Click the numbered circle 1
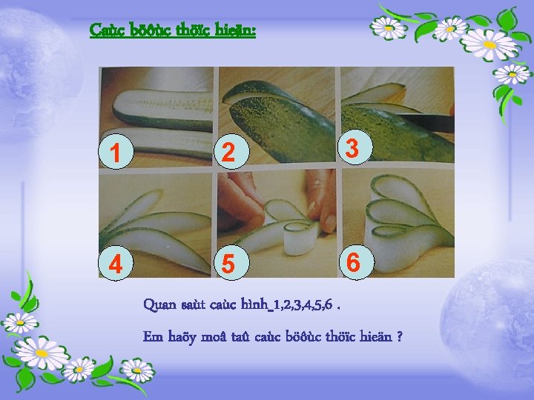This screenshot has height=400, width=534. point(116,151)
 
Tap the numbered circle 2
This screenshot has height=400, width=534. point(231,151)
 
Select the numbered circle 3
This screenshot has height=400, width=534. point(355,147)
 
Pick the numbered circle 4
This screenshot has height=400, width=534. point(116,262)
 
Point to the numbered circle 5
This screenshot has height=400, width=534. point(231,262)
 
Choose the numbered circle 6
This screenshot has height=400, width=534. point(357,262)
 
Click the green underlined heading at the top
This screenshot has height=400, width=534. point(173,30)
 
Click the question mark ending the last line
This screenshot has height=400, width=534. point(400,337)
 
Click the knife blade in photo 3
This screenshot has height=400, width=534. point(426,122)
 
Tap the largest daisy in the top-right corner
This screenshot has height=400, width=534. point(489,44)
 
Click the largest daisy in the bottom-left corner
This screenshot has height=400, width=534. point(42,353)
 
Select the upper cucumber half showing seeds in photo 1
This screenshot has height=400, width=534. point(163,109)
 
